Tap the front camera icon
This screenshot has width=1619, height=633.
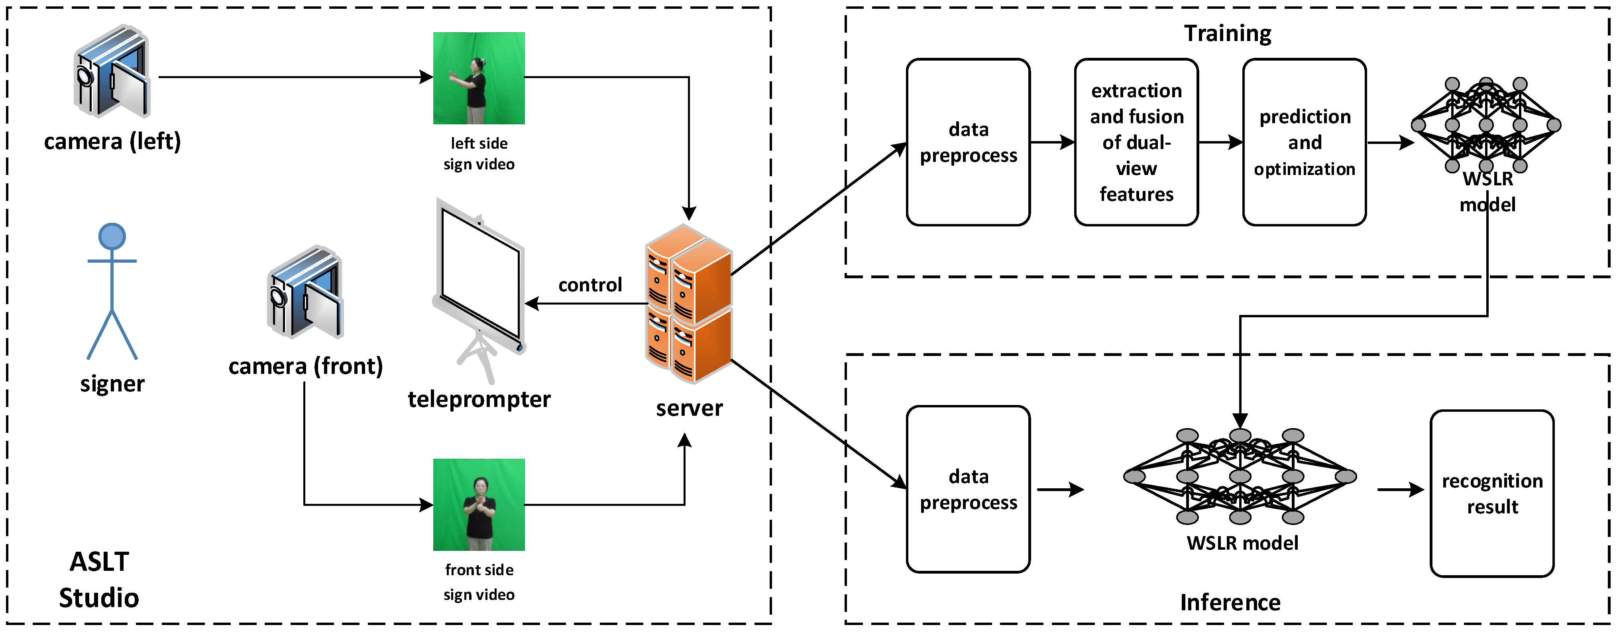pos(305,292)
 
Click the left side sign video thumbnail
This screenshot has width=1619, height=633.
pos(479,78)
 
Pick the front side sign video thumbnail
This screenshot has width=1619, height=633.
pos(479,505)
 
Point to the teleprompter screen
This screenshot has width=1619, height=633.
pos(481,277)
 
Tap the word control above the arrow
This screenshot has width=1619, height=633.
pos(590,285)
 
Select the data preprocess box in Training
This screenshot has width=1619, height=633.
pos(968,142)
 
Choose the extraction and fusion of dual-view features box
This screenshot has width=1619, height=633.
pos(1136,142)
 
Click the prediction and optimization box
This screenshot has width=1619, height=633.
pos(1305,142)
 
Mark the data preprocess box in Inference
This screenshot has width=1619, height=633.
pos(968,489)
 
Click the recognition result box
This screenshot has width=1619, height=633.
pos(1492,493)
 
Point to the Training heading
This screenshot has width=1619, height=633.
pos(1228,33)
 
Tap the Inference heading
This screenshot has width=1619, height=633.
pos(1230,602)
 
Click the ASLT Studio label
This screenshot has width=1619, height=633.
pos(99,580)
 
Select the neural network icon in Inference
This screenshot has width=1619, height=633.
pos(1240,476)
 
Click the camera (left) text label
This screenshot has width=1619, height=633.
pos(112,142)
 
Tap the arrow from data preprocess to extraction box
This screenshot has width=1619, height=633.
pos(1052,142)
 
